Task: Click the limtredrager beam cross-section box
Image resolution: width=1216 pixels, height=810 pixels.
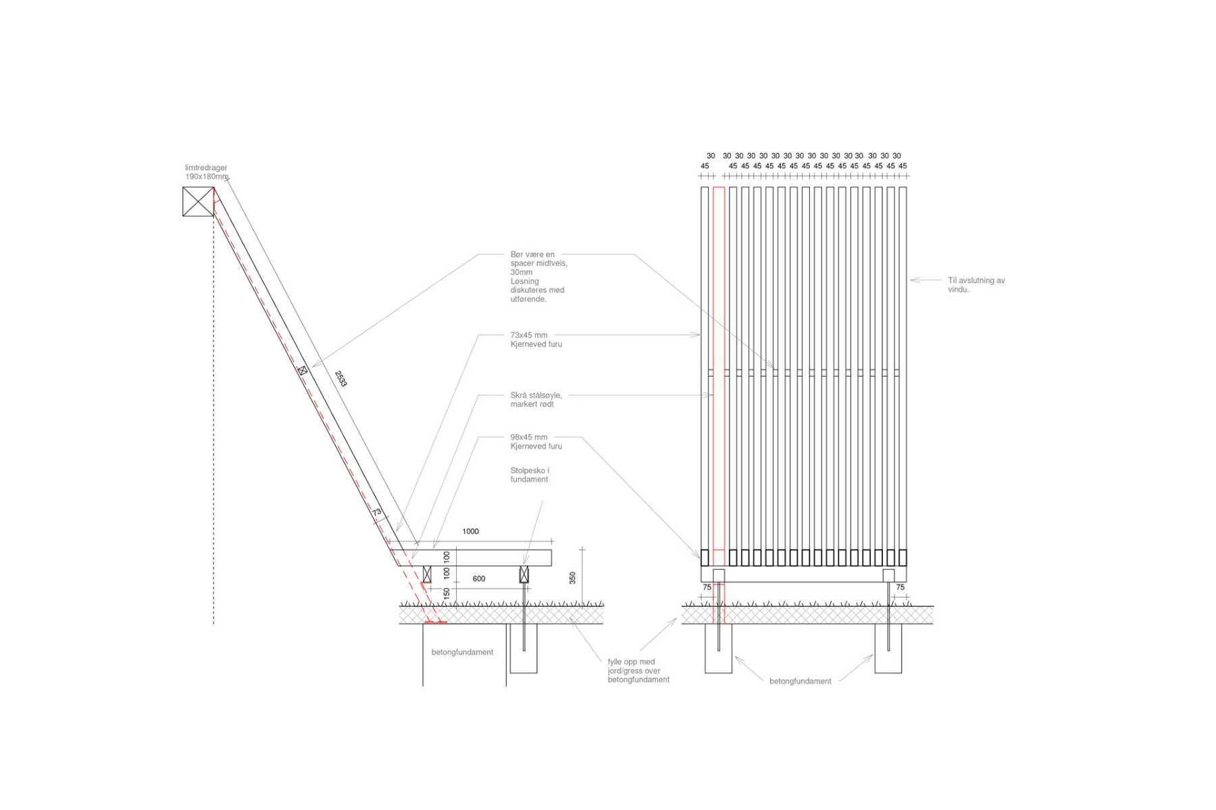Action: (x=198, y=201)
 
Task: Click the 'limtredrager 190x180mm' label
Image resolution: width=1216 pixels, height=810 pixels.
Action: (x=207, y=172)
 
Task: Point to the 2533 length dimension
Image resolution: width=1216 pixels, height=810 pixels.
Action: (x=340, y=379)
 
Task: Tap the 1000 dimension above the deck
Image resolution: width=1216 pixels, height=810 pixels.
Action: (x=470, y=531)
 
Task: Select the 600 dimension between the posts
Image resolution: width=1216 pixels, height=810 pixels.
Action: (x=478, y=578)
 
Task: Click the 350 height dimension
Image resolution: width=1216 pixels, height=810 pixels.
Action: (x=572, y=578)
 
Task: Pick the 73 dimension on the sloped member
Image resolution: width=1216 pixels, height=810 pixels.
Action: (x=376, y=512)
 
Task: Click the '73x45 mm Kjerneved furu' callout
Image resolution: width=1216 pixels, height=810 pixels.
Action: (x=536, y=340)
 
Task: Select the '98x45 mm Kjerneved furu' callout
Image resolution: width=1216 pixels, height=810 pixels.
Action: (x=536, y=441)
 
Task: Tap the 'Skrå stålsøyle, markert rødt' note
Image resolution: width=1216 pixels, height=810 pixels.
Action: (x=536, y=400)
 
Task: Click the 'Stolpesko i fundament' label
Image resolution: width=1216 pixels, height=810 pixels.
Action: (x=530, y=475)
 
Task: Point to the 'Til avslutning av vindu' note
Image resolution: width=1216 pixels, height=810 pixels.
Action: (x=976, y=285)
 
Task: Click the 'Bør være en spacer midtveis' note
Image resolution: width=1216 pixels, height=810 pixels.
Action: (x=538, y=277)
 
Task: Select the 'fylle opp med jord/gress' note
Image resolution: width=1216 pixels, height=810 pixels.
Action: (x=638, y=671)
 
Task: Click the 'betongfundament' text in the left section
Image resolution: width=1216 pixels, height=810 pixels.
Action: (x=462, y=652)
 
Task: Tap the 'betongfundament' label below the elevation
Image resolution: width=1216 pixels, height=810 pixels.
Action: (x=800, y=681)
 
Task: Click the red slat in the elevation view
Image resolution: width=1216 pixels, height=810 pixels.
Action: (x=719, y=371)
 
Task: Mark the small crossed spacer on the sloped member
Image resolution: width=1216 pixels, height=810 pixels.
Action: (x=303, y=370)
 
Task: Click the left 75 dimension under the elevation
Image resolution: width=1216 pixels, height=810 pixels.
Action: (x=707, y=587)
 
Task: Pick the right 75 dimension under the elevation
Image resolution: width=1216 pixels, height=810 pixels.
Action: (x=900, y=587)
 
